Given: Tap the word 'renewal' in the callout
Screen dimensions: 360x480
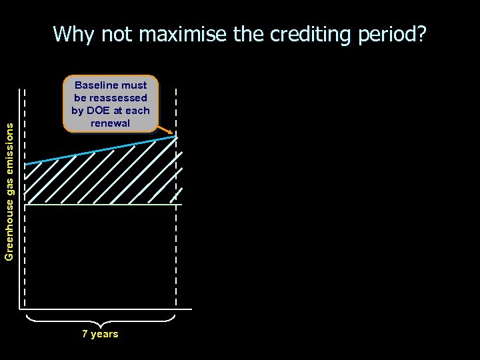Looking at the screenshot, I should (x=111, y=123).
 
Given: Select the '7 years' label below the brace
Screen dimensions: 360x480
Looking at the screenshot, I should (x=100, y=334).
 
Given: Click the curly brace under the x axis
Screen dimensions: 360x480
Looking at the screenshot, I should (x=100, y=321).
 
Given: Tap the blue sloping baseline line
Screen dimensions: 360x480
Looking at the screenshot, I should (x=100, y=150).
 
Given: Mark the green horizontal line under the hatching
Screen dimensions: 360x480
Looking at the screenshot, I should (x=100, y=205).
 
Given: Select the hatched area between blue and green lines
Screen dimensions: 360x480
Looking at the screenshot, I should (x=100, y=179).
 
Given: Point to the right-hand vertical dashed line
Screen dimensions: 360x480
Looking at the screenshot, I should (x=177, y=253).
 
